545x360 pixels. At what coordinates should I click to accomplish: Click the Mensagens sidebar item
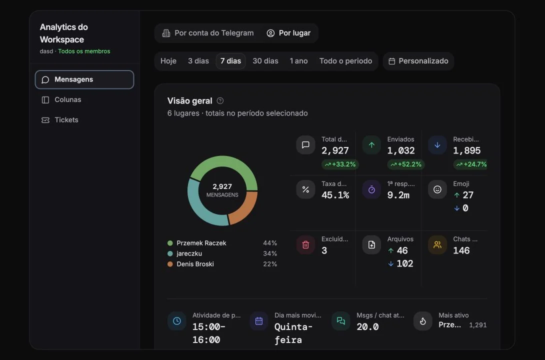pos(84,79)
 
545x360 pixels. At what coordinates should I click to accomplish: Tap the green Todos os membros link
pos(84,51)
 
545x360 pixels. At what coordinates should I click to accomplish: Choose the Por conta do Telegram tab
pos(208,33)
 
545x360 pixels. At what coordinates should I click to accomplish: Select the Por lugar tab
pos(288,33)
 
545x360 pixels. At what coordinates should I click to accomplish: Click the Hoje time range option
pos(168,61)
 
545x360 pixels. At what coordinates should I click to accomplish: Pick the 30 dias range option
pos(265,61)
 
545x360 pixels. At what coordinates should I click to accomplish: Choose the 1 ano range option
pos(298,61)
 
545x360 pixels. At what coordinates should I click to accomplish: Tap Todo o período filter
pos(345,61)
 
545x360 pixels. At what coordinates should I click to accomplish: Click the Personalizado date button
pos(418,61)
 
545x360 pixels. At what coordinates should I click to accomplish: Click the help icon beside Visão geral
pos(220,101)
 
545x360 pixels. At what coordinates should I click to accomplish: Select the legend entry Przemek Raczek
pos(196,243)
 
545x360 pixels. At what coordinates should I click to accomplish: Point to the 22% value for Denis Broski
pos(270,264)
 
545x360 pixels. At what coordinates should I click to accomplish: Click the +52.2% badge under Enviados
pos(406,164)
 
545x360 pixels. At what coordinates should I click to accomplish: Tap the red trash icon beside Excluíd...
pos(306,244)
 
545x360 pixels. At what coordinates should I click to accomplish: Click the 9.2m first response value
pos(398,195)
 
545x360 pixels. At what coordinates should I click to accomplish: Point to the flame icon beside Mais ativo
pos(422,321)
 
